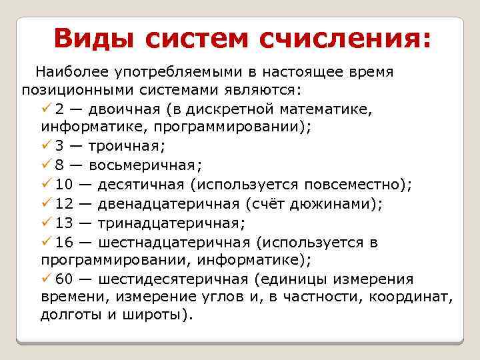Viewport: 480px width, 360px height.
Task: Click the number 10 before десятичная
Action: pos(64,183)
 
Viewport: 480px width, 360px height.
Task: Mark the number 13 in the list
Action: pos(64,222)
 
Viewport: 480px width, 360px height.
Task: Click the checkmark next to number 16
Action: pos(46,242)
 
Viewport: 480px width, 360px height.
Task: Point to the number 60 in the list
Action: pos(64,279)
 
